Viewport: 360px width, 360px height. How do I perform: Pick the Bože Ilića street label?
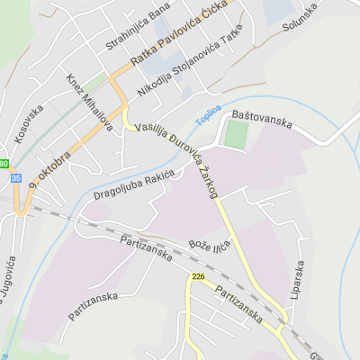pos(210,244)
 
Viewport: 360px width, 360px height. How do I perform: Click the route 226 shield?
pos(198,277)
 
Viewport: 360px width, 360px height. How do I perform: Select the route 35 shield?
pos(15,178)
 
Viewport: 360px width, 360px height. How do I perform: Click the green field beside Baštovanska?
pos(236,135)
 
